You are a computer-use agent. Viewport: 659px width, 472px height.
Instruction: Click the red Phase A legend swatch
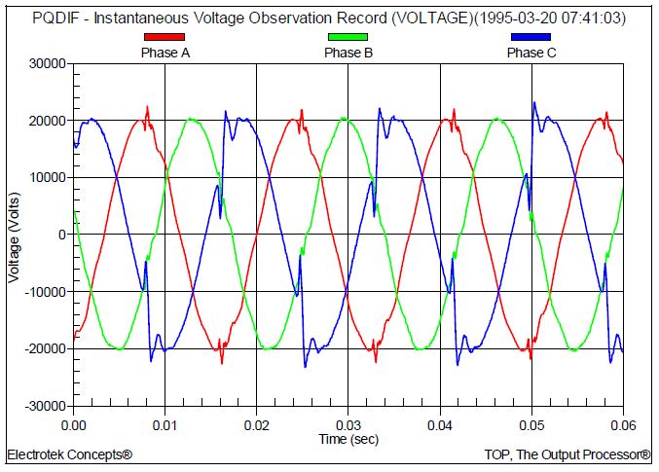coord(164,37)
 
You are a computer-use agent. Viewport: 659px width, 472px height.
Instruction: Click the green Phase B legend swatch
coord(348,37)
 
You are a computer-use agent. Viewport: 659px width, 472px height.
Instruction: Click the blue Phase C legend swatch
coord(531,37)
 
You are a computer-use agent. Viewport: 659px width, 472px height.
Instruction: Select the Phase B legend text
coord(348,53)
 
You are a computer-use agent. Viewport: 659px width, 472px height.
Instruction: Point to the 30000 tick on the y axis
coord(46,64)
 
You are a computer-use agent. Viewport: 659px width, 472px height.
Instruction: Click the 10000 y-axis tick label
coord(46,178)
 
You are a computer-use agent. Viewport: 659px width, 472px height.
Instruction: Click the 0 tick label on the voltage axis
coord(60,235)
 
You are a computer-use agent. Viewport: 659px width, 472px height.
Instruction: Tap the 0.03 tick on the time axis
coord(348,424)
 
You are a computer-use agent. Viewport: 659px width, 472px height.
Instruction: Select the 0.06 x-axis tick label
coord(623,424)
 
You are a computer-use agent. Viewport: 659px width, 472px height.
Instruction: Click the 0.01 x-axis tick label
coord(165,424)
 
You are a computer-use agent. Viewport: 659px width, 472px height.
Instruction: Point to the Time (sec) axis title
coord(348,439)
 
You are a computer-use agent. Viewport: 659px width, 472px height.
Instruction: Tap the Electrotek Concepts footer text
coord(69,454)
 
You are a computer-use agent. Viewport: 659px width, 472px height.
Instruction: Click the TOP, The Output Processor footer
coord(567,454)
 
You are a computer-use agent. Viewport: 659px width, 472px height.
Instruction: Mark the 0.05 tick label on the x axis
coord(531,424)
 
